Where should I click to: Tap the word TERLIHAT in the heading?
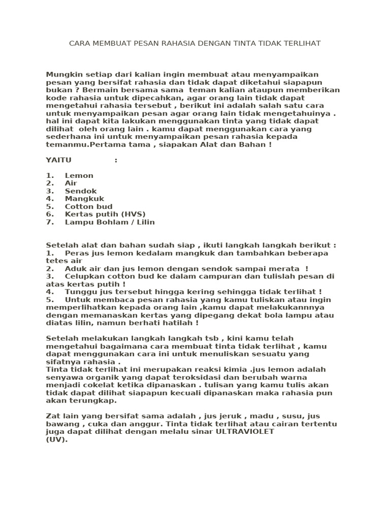pos(302,44)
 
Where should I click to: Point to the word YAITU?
pos(58,160)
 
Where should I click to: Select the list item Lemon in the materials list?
pos(79,175)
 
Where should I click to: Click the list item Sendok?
pos(81,191)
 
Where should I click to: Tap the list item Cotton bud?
pos(89,206)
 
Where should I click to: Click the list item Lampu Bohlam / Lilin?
pos(110,222)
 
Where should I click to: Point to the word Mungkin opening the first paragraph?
pos(62,75)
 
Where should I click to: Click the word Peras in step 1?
pos(76,253)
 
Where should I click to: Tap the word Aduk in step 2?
pos(74,269)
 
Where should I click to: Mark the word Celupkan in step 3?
pos(83,276)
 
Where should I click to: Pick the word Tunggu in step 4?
pos(79,292)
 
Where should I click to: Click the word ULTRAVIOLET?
pos(245,431)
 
